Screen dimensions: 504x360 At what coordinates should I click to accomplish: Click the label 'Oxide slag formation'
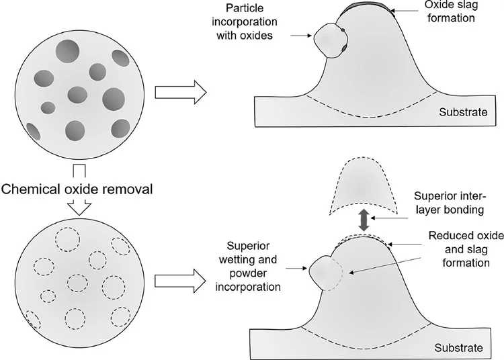click(x=451, y=11)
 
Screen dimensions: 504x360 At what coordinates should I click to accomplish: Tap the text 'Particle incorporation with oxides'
click(x=245, y=21)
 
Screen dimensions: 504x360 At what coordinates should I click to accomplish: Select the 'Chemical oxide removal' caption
click(x=77, y=189)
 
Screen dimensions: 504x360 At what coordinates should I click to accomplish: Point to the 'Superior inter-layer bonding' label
click(x=450, y=203)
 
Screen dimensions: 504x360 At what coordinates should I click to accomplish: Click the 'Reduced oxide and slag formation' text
click(x=466, y=249)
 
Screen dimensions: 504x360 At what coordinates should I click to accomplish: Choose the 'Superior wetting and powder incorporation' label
click(x=248, y=266)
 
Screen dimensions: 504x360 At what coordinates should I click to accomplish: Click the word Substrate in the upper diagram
click(x=463, y=112)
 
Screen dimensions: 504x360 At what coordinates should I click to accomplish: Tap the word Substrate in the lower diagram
click(x=459, y=348)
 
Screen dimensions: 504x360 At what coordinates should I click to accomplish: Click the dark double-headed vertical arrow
click(x=364, y=220)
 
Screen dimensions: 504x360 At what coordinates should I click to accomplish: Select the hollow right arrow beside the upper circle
click(x=181, y=93)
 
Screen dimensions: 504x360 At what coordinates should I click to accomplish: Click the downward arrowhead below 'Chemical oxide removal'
click(x=80, y=208)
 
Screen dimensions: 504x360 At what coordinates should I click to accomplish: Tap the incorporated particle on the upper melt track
click(x=331, y=40)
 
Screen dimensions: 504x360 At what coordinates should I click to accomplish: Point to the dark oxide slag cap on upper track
click(x=366, y=9)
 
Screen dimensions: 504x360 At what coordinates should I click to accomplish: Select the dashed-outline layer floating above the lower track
click(x=364, y=186)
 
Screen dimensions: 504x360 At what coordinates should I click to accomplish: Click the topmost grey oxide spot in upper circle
click(x=67, y=51)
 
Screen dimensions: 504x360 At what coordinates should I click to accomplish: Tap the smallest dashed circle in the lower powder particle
click(x=48, y=296)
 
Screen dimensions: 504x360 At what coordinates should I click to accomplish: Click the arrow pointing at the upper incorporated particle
click(x=301, y=36)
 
